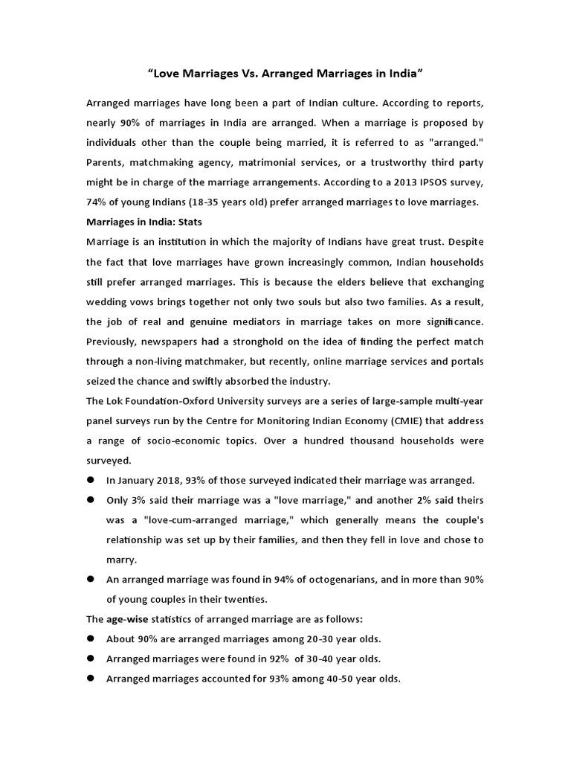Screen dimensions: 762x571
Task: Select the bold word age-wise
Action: (x=127, y=619)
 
